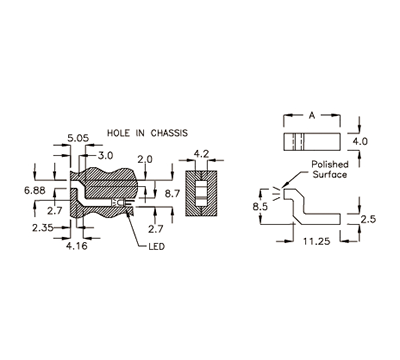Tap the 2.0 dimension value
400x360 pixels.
pyautogui.click(x=145, y=159)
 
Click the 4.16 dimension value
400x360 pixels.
pyautogui.click(x=76, y=244)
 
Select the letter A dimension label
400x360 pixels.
pyautogui.click(x=311, y=117)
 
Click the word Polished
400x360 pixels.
pyautogui.click(x=330, y=163)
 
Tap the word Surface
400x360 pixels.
pyautogui.click(x=329, y=174)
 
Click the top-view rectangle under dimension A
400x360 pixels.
pyautogui.click(x=311, y=142)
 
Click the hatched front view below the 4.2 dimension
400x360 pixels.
pyautogui.click(x=200, y=191)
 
